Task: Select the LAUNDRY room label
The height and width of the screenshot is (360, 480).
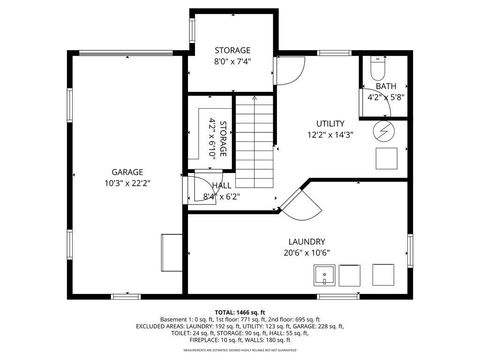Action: [x=305, y=242]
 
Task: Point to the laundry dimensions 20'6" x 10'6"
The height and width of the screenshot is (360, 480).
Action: [x=305, y=253]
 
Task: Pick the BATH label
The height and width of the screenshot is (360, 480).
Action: [x=384, y=87]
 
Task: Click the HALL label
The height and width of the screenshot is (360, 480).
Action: [x=221, y=186]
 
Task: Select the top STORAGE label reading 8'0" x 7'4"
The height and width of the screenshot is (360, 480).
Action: [x=232, y=50]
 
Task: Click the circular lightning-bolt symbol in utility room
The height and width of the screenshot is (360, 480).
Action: [x=385, y=130]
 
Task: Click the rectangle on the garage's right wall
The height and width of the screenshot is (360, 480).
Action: [x=171, y=249]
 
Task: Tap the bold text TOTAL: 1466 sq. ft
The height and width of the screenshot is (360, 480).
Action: [x=240, y=313]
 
